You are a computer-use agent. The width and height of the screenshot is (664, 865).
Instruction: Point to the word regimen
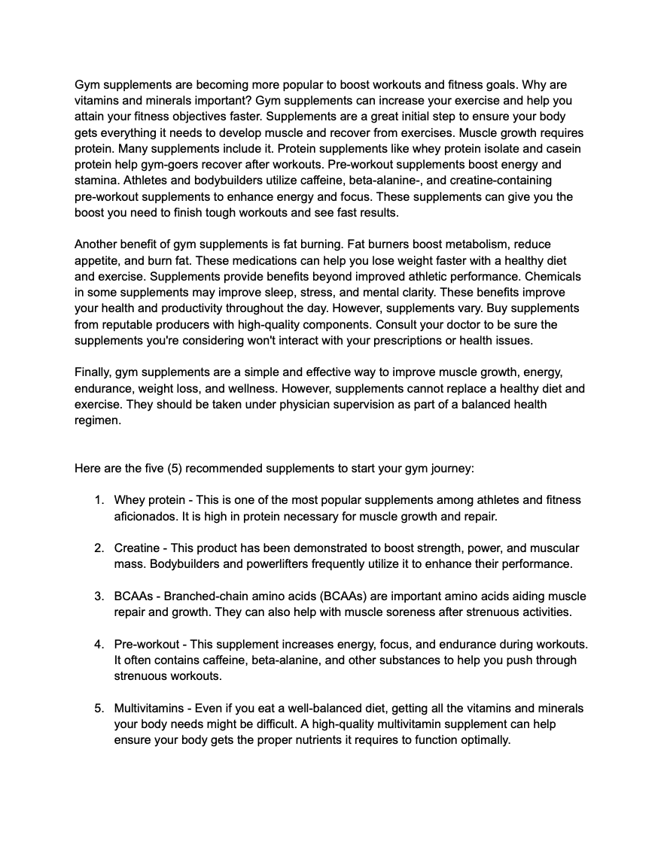pyautogui.click(x=98, y=420)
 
